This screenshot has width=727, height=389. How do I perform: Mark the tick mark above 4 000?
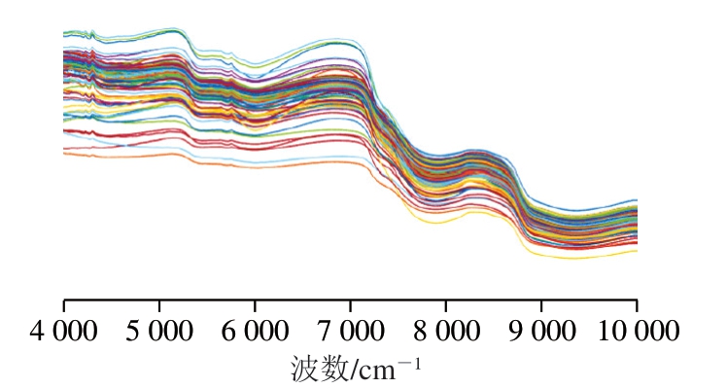tap(64, 305)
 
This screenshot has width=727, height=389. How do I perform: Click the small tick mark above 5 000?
tap(159, 305)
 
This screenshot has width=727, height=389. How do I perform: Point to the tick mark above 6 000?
tap(255, 305)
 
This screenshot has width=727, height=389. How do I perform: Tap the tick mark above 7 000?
tap(351, 305)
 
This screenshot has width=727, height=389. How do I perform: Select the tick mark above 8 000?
tap(446, 305)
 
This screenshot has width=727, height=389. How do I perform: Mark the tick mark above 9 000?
tap(541, 305)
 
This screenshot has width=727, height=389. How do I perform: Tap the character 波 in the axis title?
tap(302, 370)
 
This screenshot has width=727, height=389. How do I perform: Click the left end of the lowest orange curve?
tap(65, 154)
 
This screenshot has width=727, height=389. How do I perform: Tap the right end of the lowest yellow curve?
tap(637, 250)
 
